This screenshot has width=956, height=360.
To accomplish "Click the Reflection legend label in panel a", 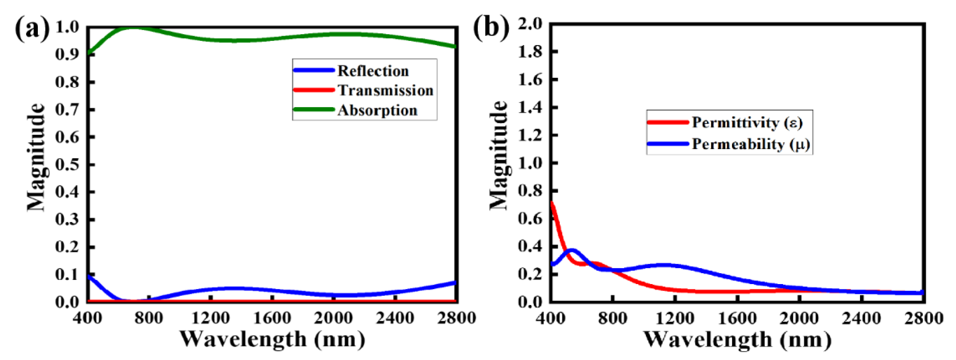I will pyautogui.click(x=373, y=71).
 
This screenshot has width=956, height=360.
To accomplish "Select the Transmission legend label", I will pyautogui.click(x=385, y=90).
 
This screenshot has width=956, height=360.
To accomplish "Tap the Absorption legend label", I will pyautogui.click(x=377, y=110).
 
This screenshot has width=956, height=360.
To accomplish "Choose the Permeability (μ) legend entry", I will pyautogui.click(x=751, y=144).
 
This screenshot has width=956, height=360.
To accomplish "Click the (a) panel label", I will pyautogui.click(x=32, y=28).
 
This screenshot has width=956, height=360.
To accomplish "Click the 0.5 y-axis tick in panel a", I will pyautogui.click(x=67, y=164).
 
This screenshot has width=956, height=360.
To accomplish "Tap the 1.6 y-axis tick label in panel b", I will pyautogui.click(x=530, y=80).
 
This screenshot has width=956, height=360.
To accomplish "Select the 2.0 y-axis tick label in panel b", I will pyautogui.click(x=530, y=24).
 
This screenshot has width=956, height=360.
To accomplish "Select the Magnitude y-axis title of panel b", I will pyautogui.click(x=498, y=156).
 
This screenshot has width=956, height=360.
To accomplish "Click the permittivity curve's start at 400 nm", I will pyautogui.click(x=552, y=203).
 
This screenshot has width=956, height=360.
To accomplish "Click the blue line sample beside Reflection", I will pyautogui.click(x=314, y=70).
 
